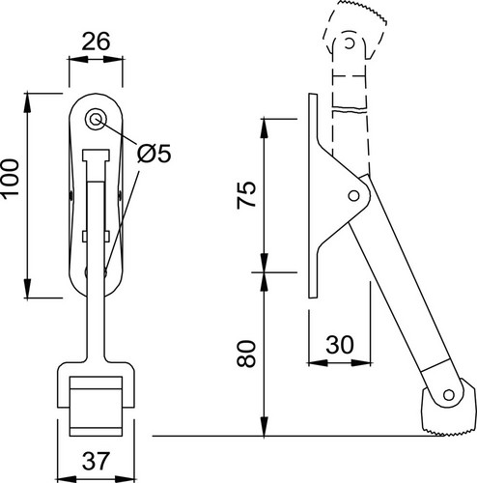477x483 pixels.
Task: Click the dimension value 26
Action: pos(96,42)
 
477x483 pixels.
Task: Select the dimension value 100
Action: pos(10,179)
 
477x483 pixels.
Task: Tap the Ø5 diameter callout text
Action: pos(154,154)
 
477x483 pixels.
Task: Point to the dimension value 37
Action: pos(96,461)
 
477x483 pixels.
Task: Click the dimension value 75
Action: pos(246,195)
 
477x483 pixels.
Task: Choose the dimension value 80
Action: pos(246,354)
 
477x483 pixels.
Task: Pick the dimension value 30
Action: pos(340,345)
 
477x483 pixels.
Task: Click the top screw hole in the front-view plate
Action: pos(95,120)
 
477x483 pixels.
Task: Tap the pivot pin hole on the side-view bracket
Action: pos(353,195)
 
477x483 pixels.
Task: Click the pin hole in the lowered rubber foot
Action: pos(448,395)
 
